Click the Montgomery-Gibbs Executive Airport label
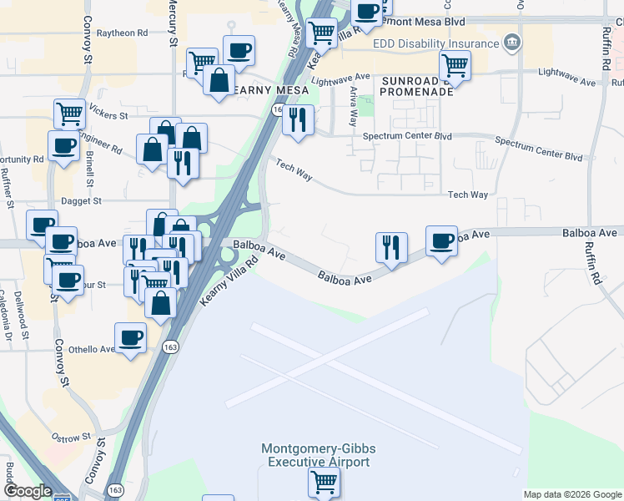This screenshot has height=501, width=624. [x=315, y=455]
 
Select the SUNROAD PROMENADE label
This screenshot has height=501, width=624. [x=416, y=85]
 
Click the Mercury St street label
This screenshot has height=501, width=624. [x=173, y=23]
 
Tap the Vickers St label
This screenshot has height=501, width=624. [x=109, y=115]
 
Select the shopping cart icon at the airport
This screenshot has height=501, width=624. [x=323, y=481]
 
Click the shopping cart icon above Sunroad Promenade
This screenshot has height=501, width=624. [x=455, y=63]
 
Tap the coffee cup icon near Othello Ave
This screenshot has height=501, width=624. [x=130, y=337]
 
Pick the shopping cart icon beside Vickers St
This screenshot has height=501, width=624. [x=69, y=112]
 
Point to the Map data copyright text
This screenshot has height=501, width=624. [x=572, y=494]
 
